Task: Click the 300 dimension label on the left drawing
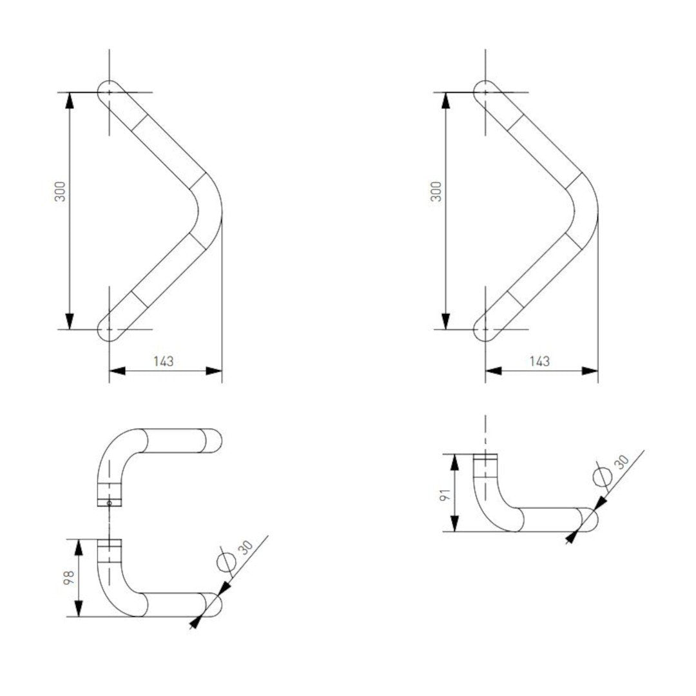60,191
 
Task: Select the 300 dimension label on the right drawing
436,191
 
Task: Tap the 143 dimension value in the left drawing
164,361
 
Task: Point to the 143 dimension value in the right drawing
539,361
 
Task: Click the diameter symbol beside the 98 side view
226,562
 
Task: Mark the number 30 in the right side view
621,462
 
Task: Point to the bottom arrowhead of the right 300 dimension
446,321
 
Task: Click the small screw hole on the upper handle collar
110,503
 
